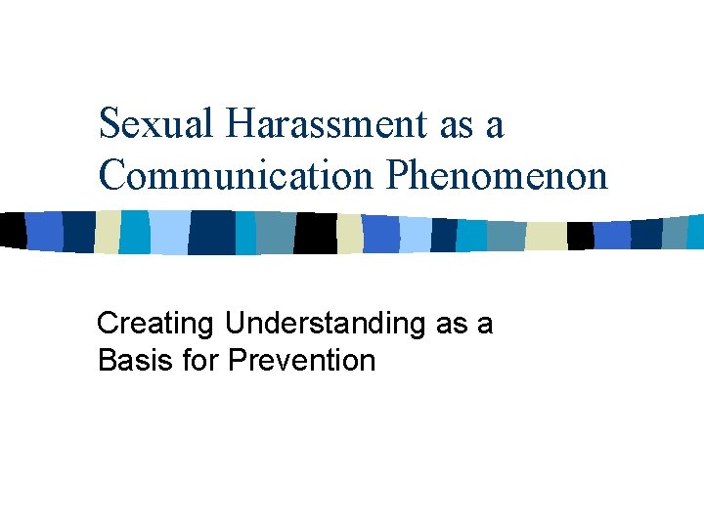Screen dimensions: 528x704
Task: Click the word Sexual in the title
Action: (159, 125)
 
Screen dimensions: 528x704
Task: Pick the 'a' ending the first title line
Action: (495, 127)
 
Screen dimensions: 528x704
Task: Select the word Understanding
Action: (327, 324)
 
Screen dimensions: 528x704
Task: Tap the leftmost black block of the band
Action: (12, 230)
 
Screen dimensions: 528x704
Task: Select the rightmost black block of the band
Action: (580, 236)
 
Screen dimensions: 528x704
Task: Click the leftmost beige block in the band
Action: (107, 232)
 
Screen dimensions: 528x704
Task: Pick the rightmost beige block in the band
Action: (546, 236)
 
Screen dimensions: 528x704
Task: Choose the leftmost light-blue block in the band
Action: (168, 233)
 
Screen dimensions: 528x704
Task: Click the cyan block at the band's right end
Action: (695, 232)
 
